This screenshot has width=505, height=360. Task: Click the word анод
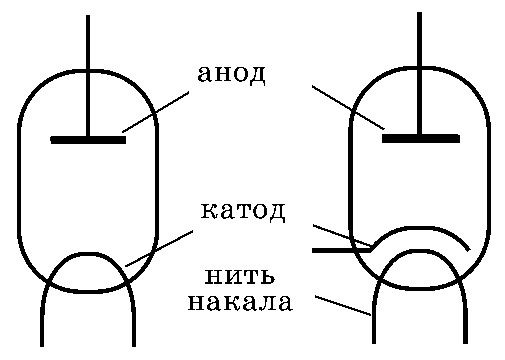(232, 74)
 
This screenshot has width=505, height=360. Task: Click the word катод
(243, 211)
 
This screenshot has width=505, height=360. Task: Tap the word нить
(239, 276)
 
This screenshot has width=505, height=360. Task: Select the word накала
(240, 302)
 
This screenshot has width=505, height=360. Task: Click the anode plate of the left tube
(88, 140)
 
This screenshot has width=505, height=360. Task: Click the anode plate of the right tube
(421, 139)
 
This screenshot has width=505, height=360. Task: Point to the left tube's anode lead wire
(88, 75)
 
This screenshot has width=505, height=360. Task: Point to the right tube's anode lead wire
(419, 73)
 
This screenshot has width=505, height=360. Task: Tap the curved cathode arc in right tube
(422, 229)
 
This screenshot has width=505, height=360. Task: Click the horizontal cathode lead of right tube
(342, 250)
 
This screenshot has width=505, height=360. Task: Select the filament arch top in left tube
(88, 255)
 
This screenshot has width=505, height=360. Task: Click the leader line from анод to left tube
(155, 112)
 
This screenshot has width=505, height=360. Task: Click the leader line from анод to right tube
(348, 107)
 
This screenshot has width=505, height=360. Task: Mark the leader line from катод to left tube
(159, 248)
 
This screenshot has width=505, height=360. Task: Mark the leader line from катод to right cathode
(342, 236)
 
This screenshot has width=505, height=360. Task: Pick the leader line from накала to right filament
(343, 305)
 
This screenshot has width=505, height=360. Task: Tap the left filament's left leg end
(42, 346)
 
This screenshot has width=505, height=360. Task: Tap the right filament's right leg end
(465, 343)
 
